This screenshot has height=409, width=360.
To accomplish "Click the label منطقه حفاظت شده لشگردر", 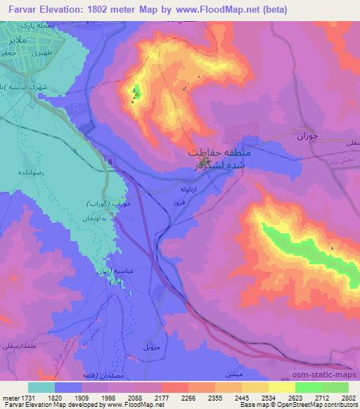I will click(x=214, y=159).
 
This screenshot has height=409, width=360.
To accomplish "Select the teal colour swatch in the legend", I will click(x=41, y=387).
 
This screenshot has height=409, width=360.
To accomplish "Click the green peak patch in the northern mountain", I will click(x=137, y=91).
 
